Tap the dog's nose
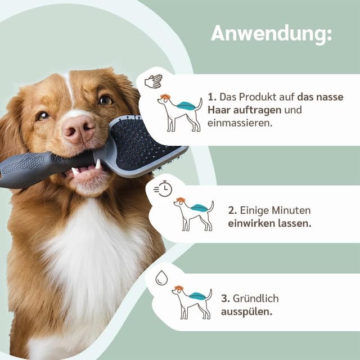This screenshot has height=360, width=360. point(78,129)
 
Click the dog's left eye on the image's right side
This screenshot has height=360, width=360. point(105,100)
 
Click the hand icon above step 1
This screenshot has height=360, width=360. point(153,81)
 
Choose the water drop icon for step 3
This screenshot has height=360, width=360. point(161,278)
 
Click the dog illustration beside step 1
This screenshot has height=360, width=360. point(179,113)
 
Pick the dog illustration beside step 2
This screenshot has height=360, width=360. point(193,214)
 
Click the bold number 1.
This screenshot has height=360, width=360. point(211,96)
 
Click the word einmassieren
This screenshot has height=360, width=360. point(239,123)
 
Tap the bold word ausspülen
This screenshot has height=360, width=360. point(246,312)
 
